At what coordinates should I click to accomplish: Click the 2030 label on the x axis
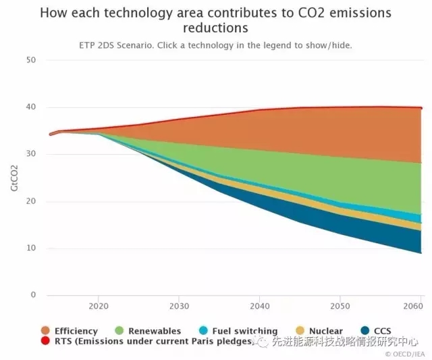(x=179, y=305)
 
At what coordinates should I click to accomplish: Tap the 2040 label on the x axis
(x=260, y=305)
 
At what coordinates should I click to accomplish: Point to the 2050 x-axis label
(x=341, y=305)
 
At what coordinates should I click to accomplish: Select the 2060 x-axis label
(x=413, y=305)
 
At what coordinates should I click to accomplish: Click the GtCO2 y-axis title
(x=14, y=178)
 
